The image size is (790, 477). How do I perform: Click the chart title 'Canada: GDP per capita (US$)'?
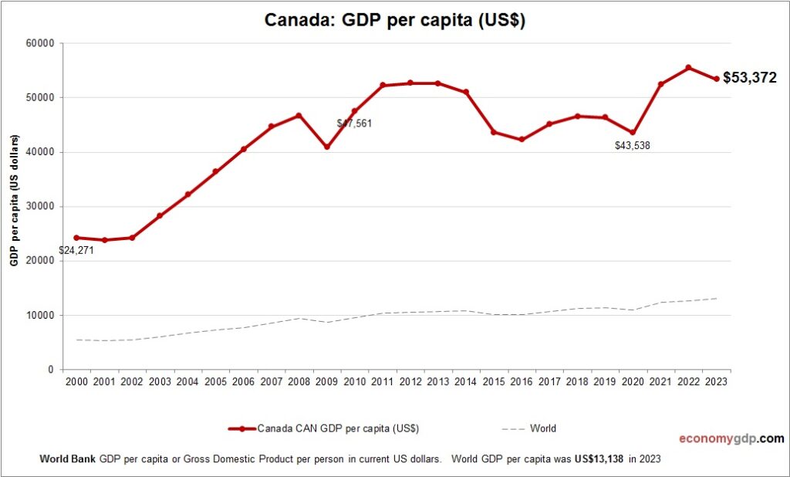(394, 21)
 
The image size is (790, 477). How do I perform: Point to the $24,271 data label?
(76, 250)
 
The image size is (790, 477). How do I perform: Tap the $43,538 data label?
(632, 145)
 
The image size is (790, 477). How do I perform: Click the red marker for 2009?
(326, 147)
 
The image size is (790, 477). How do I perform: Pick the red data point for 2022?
(688, 68)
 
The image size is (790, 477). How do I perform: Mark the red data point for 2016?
(522, 140)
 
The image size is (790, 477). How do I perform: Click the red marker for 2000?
(76, 238)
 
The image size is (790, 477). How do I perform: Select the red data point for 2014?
(466, 93)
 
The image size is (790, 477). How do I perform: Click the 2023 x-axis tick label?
(715, 381)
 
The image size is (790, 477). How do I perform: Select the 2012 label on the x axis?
(410, 381)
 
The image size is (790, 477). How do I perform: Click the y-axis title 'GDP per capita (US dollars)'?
(15, 205)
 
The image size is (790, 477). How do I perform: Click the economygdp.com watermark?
(731, 438)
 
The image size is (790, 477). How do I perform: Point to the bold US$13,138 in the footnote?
(599, 458)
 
